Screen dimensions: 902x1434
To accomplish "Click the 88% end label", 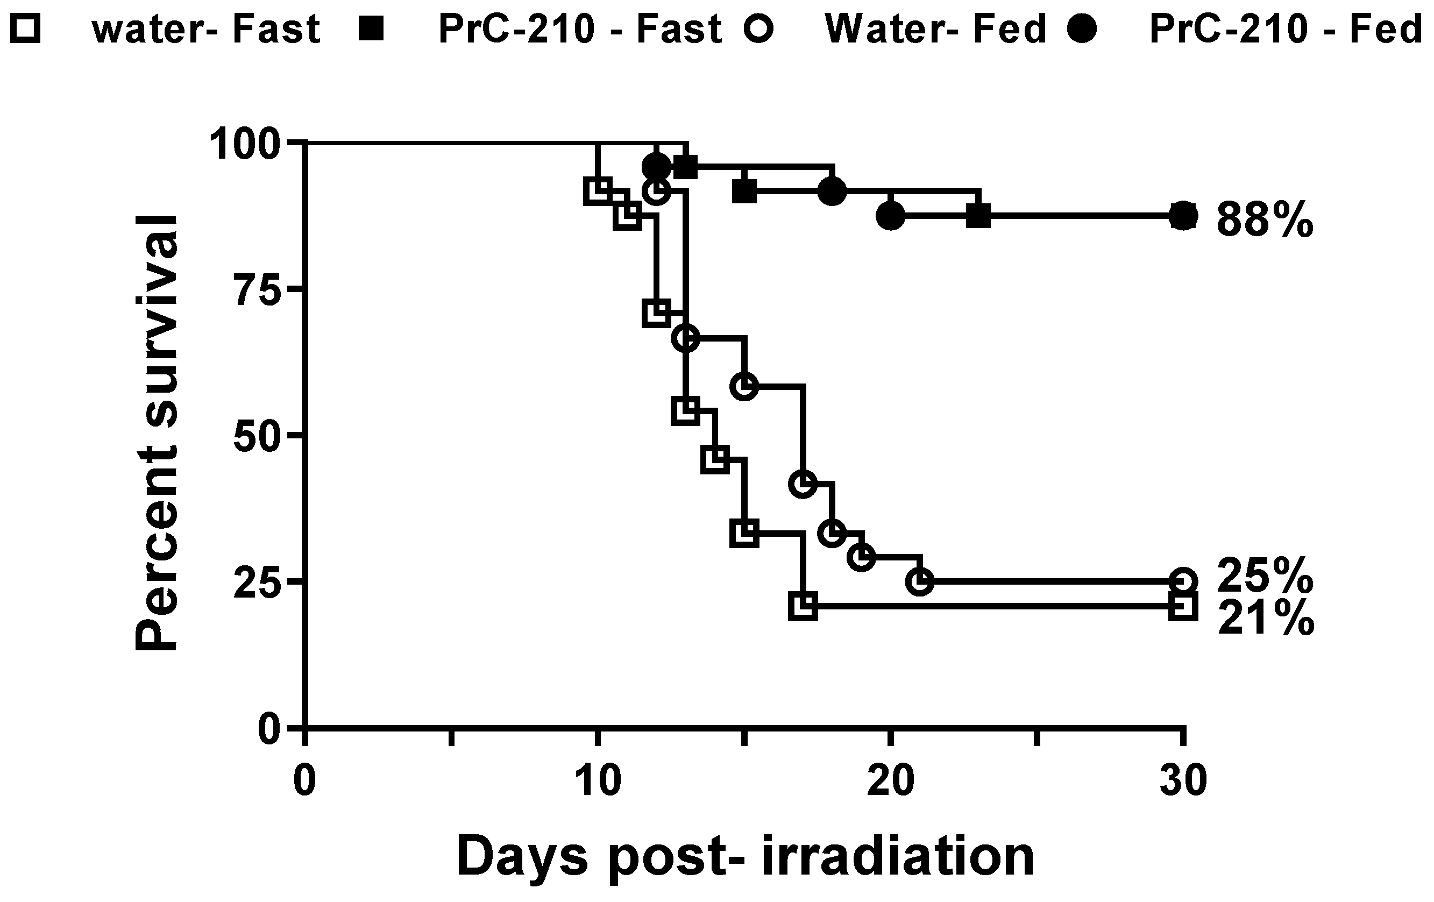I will pos(1264,219).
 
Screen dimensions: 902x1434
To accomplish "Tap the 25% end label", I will pos(1264,575).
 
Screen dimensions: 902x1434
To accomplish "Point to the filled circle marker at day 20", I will pos(890,216).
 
